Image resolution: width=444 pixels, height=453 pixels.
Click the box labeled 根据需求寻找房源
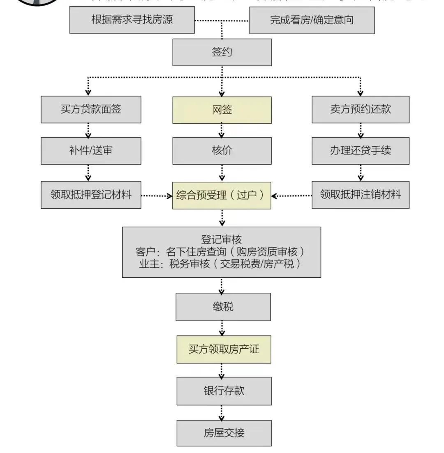[132, 20]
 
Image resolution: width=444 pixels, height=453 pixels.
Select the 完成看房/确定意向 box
[312, 20]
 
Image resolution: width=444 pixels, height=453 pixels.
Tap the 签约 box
[222, 52]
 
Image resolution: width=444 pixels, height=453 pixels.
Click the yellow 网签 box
[222, 110]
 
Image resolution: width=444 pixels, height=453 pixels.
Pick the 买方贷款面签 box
[91, 110]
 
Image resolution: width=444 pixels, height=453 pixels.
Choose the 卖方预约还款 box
[361, 110]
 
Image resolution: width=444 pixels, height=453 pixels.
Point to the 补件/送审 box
[91, 151]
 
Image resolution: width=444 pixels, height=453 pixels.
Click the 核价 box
[222, 151]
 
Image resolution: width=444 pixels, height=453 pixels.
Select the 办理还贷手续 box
[361, 151]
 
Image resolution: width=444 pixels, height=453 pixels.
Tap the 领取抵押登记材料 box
[91, 195]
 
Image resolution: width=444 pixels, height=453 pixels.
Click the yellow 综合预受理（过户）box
[222, 195]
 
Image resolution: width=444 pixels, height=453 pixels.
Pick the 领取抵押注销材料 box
[361, 195]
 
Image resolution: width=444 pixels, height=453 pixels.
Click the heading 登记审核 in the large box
[222, 240]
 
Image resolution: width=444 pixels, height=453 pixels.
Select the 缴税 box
[223, 307]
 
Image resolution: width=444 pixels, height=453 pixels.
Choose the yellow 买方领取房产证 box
[224, 350]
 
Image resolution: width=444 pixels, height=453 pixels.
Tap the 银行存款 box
[224, 391]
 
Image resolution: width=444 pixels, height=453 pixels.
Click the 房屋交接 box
[224, 433]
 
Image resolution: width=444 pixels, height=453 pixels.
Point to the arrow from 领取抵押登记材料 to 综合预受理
[157, 196]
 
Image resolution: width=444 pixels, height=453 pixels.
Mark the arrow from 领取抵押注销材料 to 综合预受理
[291, 196]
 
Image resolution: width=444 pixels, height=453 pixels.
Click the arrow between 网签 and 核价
[222, 130]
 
